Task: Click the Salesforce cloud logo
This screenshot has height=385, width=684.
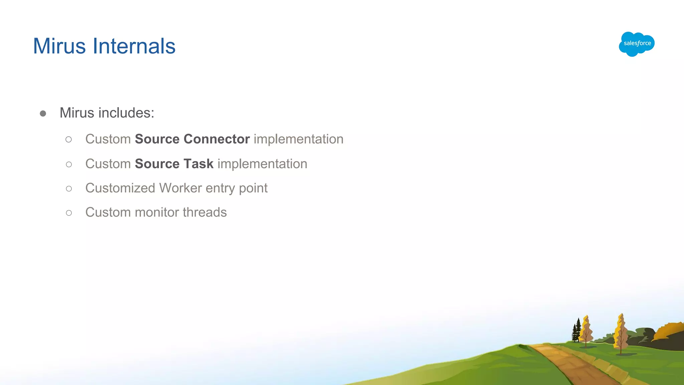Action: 637,44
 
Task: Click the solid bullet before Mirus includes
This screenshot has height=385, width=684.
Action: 43,114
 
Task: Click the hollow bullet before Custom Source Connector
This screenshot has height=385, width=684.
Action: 69,139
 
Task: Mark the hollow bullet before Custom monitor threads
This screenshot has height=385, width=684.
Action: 69,213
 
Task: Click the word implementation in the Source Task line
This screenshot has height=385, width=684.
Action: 262,164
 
